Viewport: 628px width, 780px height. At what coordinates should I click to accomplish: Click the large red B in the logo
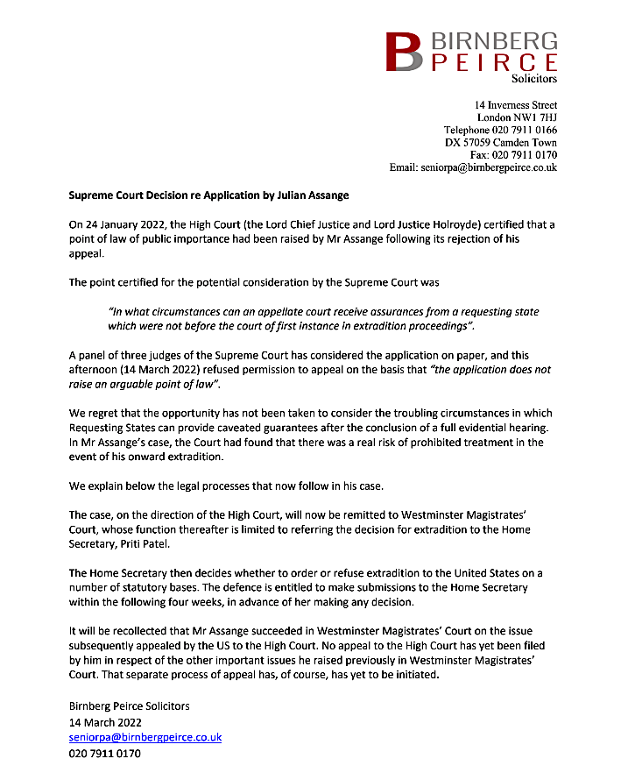[407, 52]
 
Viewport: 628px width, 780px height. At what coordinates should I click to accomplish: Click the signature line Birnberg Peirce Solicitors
[129, 706]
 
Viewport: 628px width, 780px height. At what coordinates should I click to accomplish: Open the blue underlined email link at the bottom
[145, 737]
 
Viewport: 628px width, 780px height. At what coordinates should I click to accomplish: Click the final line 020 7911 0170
[104, 753]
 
